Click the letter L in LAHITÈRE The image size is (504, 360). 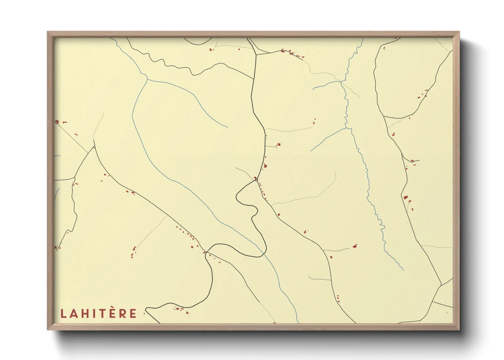pyautogui.click(x=63, y=313)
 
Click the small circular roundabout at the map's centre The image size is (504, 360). pyautogui.click(x=256, y=180)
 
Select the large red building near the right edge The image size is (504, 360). pyautogui.click(x=405, y=197)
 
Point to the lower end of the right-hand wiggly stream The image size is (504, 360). pyautogui.click(x=404, y=270)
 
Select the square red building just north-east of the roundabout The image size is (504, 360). pyautogui.click(x=265, y=166)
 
